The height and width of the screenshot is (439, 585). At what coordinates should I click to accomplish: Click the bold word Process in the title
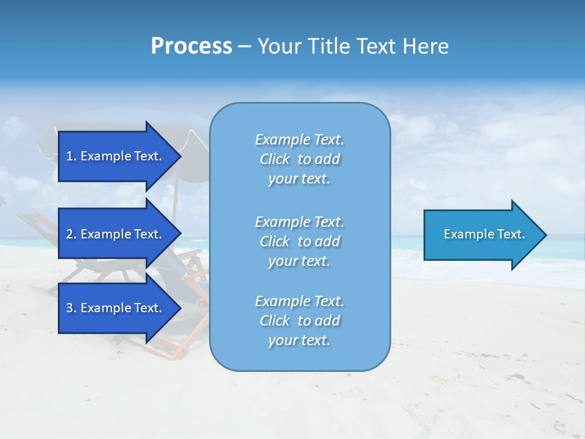point(191,46)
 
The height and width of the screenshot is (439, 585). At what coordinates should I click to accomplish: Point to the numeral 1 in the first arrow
point(69,156)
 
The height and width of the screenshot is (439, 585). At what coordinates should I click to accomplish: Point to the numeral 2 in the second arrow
point(69,234)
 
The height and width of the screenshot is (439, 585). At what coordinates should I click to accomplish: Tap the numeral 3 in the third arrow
point(69,308)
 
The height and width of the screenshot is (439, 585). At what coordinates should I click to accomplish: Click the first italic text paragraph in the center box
point(299,159)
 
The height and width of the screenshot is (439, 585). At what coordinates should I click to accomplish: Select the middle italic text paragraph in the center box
point(299,241)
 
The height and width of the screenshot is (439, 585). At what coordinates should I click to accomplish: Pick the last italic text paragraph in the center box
point(299,321)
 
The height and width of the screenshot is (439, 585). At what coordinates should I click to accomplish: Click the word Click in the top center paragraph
point(274,159)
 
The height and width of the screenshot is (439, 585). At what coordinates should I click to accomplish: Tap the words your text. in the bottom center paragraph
point(299,340)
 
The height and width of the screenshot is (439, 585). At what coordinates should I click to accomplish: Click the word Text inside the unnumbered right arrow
point(510,234)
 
